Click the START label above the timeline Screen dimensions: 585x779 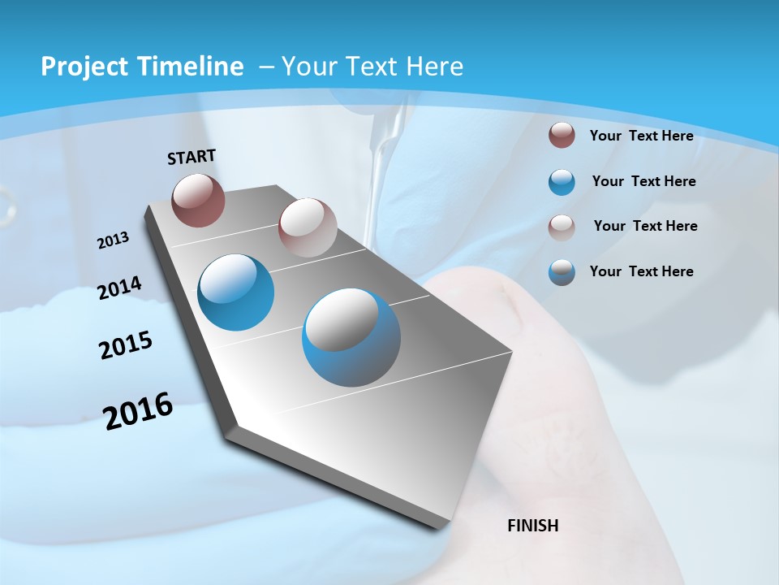pyautogui.click(x=192, y=157)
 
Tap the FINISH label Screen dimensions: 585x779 pyautogui.click(x=532, y=526)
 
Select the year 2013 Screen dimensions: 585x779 pyautogui.click(x=114, y=240)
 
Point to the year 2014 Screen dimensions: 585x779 pyautogui.click(x=120, y=288)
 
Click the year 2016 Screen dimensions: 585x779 pyautogui.click(x=138, y=411)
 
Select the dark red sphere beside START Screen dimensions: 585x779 pyautogui.click(x=198, y=200)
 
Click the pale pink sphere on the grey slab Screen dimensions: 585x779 pyautogui.click(x=308, y=227)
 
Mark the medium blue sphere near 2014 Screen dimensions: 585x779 pyautogui.click(x=236, y=292)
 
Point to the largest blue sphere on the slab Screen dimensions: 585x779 pyautogui.click(x=351, y=337)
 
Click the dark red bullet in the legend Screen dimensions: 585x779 pyautogui.click(x=562, y=135)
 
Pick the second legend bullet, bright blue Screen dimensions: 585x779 pyautogui.click(x=562, y=182)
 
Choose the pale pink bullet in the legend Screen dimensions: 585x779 pyautogui.click(x=562, y=227)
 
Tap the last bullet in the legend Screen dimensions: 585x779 pyautogui.click(x=562, y=272)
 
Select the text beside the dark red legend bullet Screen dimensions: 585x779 pyautogui.click(x=641, y=136)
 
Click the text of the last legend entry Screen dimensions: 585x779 pyautogui.click(x=641, y=271)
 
